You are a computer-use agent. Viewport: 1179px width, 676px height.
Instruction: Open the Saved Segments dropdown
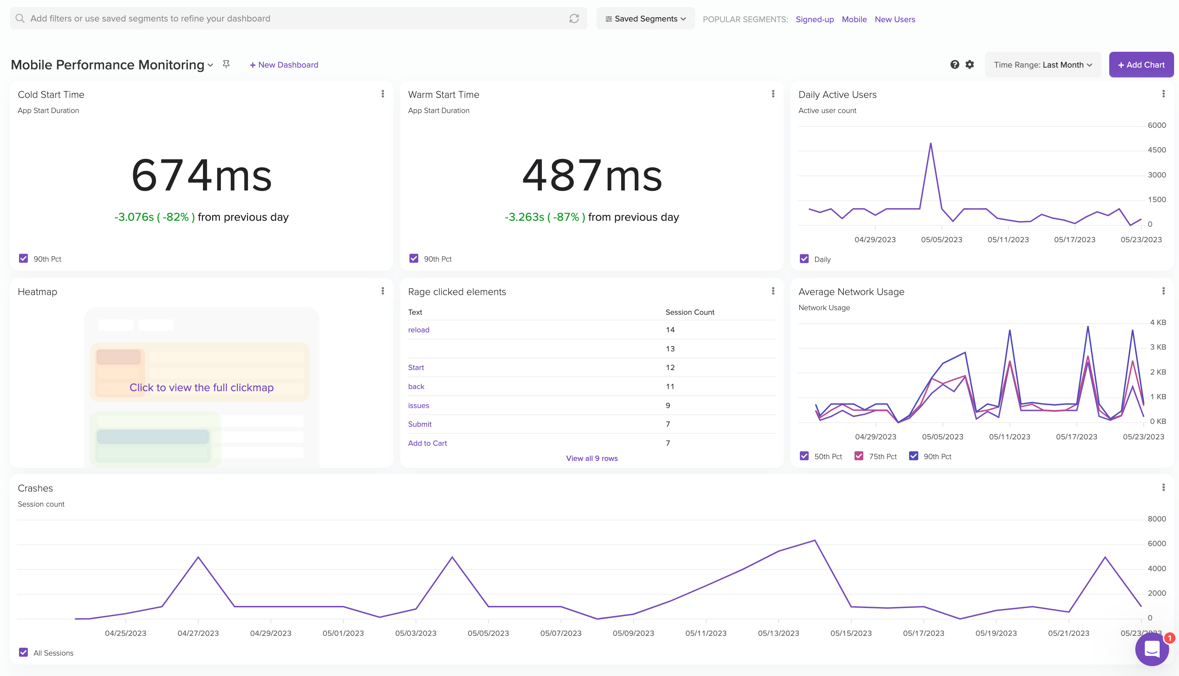(x=645, y=19)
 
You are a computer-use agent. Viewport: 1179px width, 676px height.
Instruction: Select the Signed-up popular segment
(x=814, y=19)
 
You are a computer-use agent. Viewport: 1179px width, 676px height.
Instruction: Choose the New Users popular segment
(x=895, y=19)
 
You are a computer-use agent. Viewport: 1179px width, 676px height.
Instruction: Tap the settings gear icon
(x=969, y=64)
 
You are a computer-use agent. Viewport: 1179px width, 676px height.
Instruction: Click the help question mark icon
(x=955, y=64)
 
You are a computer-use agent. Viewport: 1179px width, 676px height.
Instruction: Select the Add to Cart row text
(x=427, y=443)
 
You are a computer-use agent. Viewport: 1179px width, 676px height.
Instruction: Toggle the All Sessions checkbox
(x=23, y=652)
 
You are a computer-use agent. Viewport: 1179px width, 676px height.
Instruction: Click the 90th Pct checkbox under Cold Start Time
(x=23, y=259)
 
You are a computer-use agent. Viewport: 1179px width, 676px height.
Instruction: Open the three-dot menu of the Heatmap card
(x=383, y=291)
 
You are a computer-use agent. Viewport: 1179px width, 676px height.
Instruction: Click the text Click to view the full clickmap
(x=202, y=388)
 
